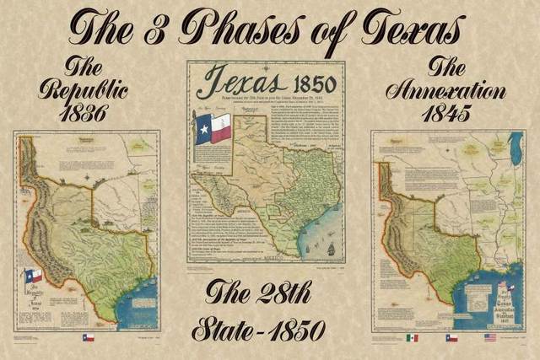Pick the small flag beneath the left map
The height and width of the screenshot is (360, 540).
click(x=88, y=337)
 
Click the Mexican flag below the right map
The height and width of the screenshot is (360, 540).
click(x=412, y=337)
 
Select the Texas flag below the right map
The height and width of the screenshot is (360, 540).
click(x=451, y=337)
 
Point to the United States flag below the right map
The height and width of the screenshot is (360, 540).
click(x=490, y=337)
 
